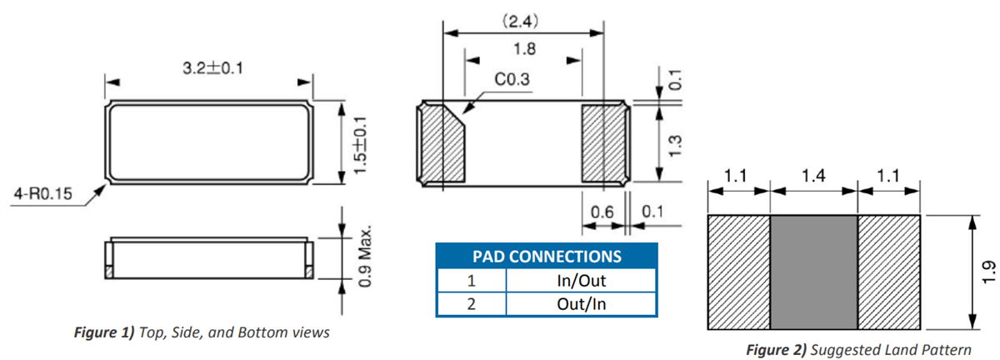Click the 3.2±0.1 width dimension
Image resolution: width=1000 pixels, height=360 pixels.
(x=212, y=68)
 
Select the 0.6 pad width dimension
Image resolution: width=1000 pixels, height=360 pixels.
(x=602, y=214)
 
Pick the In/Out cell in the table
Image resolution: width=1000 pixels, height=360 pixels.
(x=580, y=281)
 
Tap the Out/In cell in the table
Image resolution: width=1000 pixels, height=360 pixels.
(x=580, y=304)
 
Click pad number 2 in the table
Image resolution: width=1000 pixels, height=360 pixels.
(x=472, y=304)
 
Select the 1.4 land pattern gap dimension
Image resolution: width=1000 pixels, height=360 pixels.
(x=813, y=177)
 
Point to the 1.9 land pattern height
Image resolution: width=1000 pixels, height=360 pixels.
(x=987, y=272)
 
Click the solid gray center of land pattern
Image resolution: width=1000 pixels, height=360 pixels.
(x=813, y=272)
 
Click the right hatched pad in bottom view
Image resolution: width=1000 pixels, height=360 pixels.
(x=603, y=143)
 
